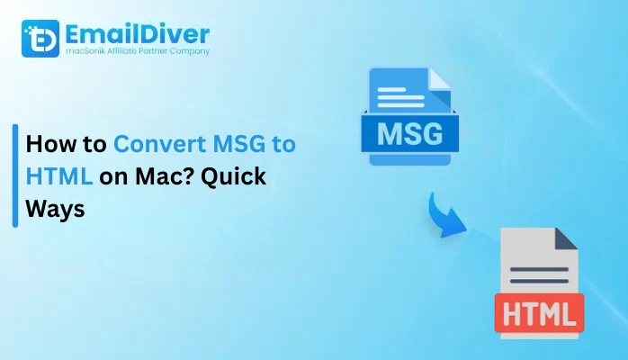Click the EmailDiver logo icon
pos(39,38)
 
